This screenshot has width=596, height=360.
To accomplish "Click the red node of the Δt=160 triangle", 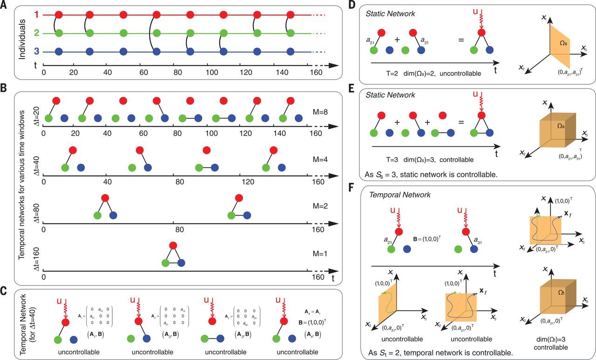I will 173,245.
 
